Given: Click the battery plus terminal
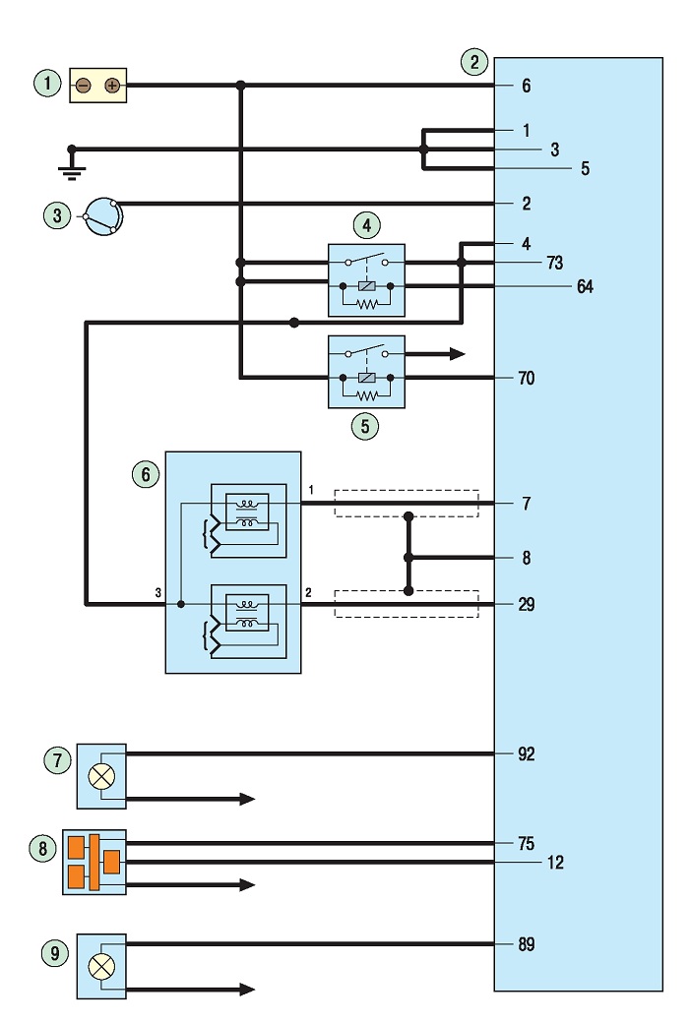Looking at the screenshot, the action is coord(112,86).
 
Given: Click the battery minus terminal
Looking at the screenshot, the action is coord(84,86).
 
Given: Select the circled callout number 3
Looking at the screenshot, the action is coord(57,214).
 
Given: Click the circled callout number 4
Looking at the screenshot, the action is coord(366,225).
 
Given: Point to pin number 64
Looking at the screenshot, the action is coord(586,286).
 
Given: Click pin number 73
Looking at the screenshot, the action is coord(554,263).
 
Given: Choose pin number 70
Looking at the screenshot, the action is coord(527,379).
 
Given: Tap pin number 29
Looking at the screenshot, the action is coord(527,605).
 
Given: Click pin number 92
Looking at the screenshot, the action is coord(527,754).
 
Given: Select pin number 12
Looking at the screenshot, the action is coord(555,863).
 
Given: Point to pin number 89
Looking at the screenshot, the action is coord(527,944).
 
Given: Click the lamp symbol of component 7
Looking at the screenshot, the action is coord(101,776).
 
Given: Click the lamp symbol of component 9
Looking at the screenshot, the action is coord(101,967).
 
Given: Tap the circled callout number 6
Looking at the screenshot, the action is coord(146,474).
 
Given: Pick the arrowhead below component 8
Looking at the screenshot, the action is coord(247,884).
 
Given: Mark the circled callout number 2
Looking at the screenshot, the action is coord(474,62).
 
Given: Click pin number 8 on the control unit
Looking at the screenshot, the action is coord(527,558).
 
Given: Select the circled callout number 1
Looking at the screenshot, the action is coord(47,83).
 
